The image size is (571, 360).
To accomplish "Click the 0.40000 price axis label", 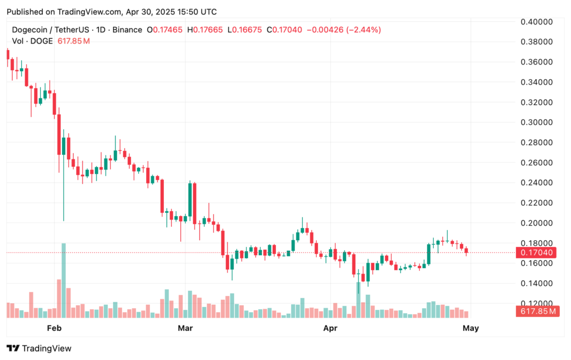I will (536, 22).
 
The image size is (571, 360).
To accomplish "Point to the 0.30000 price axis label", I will (536, 122).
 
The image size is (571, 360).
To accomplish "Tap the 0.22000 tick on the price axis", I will (536, 203).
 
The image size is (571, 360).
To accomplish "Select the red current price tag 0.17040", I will (536, 252).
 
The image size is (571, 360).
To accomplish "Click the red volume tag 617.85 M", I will (537, 312).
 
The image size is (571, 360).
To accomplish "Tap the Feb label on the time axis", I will (54, 328).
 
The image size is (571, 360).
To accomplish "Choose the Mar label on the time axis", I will (185, 328).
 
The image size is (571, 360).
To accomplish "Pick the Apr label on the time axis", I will (330, 328).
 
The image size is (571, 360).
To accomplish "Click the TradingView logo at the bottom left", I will (39, 348).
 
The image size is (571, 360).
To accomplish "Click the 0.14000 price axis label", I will (536, 283).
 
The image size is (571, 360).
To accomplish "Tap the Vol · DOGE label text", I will (32, 41).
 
